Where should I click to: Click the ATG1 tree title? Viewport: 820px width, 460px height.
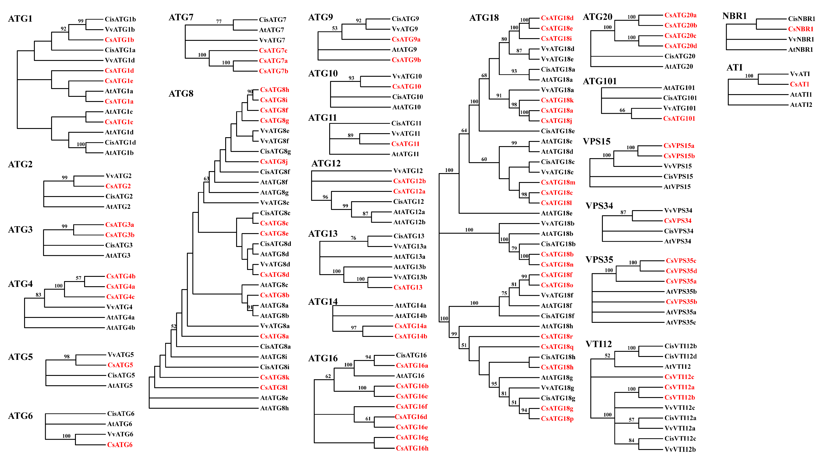click(x=20, y=19)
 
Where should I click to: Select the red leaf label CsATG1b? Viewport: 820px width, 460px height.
click(x=119, y=40)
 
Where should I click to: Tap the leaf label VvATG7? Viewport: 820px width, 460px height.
click(x=272, y=40)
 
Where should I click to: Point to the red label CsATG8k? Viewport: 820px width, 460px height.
click(x=274, y=377)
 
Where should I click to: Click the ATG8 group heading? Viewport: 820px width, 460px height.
click(x=181, y=93)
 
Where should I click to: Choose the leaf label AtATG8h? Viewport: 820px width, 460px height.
click(x=274, y=408)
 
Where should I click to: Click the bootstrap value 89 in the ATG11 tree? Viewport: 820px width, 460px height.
click(x=350, y=135)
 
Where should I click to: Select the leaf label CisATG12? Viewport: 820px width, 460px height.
click(x=408, y=202)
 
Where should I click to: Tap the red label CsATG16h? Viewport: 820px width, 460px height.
click(x=412, y=448)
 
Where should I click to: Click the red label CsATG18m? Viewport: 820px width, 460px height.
click(x=558, y=182)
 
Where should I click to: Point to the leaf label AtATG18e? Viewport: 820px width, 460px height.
click(x=556, y=213)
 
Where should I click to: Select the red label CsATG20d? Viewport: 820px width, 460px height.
click(x=681, y=46)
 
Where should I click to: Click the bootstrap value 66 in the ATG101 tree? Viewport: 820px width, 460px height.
click(x=622, y=110)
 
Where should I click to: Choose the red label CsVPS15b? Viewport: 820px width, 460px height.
click(x=679, y=156)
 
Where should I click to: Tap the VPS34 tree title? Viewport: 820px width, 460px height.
click(x=599, y=206)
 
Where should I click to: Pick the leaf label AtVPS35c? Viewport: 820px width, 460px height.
click(x=681, y=322)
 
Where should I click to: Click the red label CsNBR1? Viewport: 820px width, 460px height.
click(x=801, y=29)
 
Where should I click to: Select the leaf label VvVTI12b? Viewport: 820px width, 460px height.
click(x=680, y=450)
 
